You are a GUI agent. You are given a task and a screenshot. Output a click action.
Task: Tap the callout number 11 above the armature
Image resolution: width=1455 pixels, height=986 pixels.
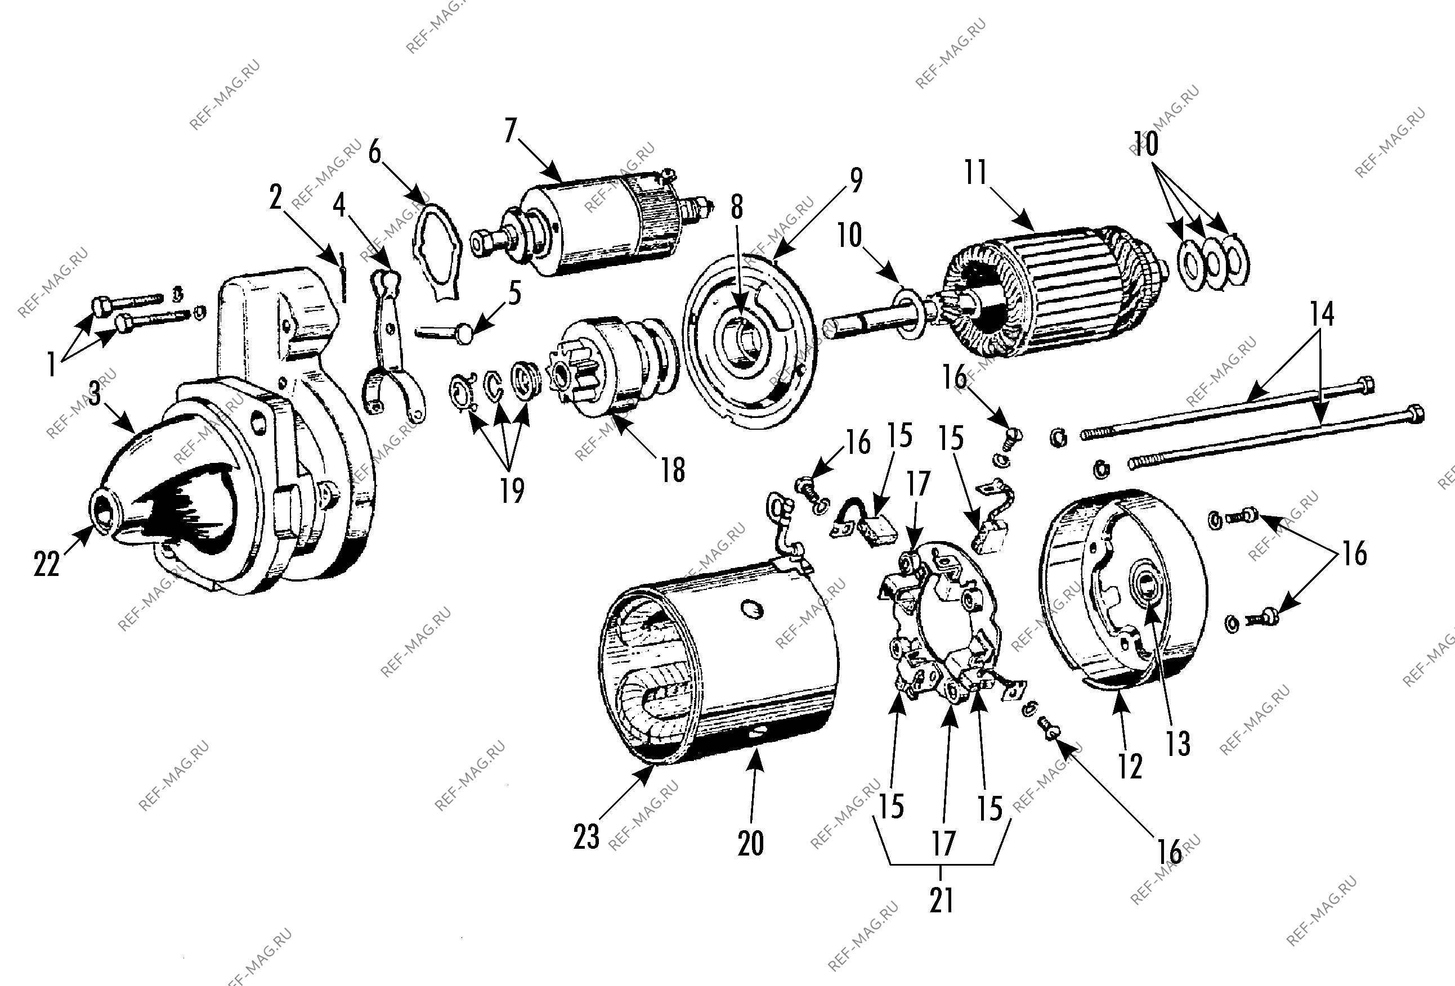[976, 173]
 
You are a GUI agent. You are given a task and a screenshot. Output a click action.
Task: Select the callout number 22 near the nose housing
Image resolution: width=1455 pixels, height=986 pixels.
[46, 565]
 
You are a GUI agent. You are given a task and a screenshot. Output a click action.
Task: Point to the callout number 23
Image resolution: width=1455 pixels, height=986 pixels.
[586, 836]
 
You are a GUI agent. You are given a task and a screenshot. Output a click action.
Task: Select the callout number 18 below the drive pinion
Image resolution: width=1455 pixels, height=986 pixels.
[673, 470]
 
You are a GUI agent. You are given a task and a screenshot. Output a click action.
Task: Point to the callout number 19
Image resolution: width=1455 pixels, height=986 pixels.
[512, 491]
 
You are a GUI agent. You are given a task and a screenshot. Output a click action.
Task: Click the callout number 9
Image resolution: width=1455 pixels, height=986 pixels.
[856, 180]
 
